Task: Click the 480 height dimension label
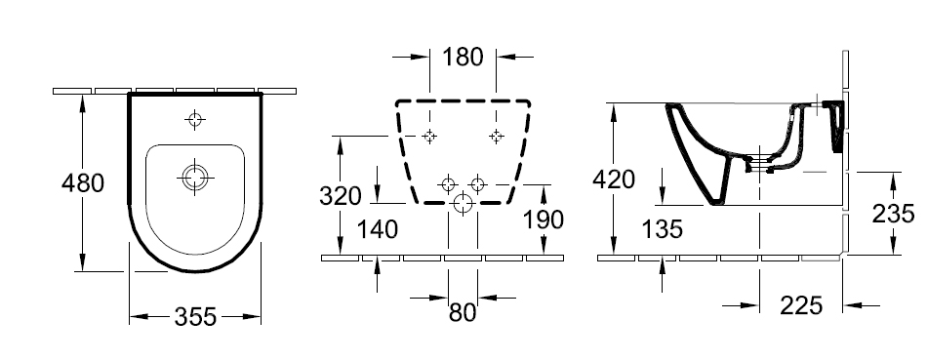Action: (x=83, y=183)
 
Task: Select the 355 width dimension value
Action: (x=195, y=317)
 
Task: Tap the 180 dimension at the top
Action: (x=463, y=57)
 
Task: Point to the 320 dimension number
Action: (x=341, y=195)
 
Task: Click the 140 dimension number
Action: (x=378, y=229)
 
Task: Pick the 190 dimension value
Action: (x=544, y=220)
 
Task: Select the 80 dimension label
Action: (x=463, y=312)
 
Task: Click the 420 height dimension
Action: (x=614, y=179)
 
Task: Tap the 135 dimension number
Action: (x=662, y=229)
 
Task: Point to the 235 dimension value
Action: (x=893, y=214)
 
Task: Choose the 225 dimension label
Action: (x=801, y=305)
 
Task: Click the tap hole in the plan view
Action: (x=195, y=120)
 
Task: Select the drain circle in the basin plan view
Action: (x=195, y=177)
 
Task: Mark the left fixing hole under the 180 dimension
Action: (x=429, y=137)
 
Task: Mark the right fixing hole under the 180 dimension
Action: (x=496, y=137)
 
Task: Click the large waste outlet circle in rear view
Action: (x=463, y=204)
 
